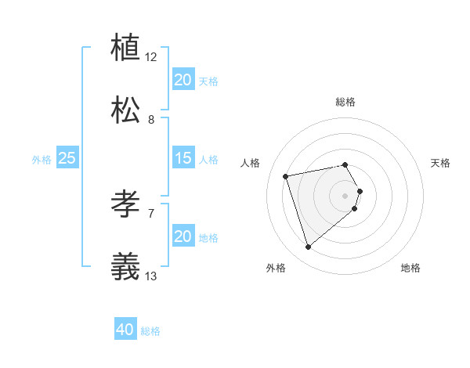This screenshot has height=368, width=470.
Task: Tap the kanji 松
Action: pyautogui.click(x=125, y=110)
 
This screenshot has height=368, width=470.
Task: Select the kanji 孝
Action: pyautogui.click(x=125, y=204)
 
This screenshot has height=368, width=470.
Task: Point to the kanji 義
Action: pyautogui.click(x=125, y=267)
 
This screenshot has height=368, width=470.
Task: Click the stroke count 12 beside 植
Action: pyautogui.click(x=151, y=56)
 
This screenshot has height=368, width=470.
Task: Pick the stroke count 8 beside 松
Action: pyautogui.click(x=151, y=120)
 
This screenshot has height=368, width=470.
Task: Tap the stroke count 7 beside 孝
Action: pyautogui.click(x=151, y=213)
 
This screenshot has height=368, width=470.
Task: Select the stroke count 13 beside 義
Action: pyautogui.click(x=151, y=276)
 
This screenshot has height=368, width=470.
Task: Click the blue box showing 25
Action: pyautogui.click(x=67, y=158)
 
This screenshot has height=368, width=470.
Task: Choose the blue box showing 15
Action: pyautogui.click(x=183, y=158)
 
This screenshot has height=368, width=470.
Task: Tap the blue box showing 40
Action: pyautogui.click(x=125, y=330)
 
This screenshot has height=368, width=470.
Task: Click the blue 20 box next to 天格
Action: pyautogui.click(x=183, y=80)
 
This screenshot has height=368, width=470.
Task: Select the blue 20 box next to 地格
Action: pyautogui.click(x=183, y=236)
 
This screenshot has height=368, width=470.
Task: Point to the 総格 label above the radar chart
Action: pyautogui.click(x=345, y=102)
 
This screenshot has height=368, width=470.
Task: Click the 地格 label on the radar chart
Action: pyautogui.click(x=410, y=268)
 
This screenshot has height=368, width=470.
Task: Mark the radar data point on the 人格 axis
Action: pyautogui.click(x=286, y=175)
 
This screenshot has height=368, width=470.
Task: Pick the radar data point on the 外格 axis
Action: pyautogui.click(x=308, y=247)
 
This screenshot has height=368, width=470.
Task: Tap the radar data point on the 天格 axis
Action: pyautogui.click(x=360, y=191)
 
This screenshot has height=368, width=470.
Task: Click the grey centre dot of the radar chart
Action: pyautogui.click(x=345, y=195)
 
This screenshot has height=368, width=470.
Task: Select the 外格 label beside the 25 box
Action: pyautogui.click(x=42, y=159)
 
